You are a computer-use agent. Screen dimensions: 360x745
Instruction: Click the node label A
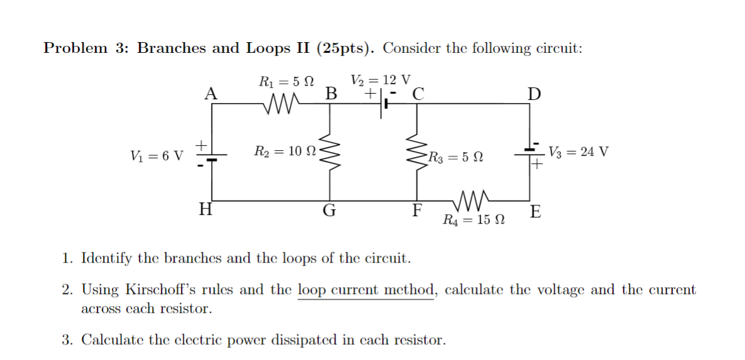(212, 94)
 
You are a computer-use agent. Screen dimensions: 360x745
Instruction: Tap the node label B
(330, 94)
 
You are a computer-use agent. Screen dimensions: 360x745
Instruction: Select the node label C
(418, 94)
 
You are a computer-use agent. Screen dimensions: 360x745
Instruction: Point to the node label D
(533, 94)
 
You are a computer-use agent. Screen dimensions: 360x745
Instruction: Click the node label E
(535, 212)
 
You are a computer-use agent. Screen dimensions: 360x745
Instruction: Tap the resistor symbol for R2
(329, 151)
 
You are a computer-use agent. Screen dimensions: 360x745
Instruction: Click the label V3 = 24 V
(578, 152)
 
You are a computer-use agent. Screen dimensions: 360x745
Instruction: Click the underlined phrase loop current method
(366, 290)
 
